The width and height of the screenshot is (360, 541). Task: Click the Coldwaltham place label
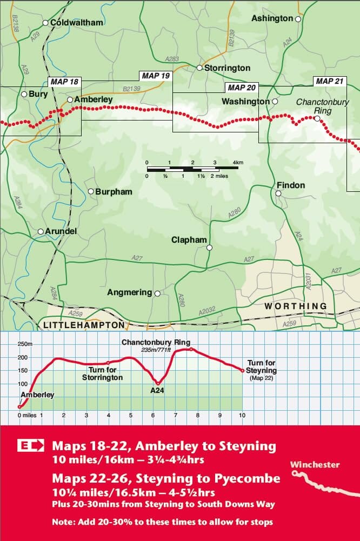[x=76, y=23]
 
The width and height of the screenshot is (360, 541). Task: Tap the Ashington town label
[x=272, y=18]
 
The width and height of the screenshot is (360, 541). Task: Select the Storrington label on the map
[x=227, y=68]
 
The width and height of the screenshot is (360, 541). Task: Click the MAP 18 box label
[x=64, y=82]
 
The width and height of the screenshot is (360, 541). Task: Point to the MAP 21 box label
[x=329, y=81]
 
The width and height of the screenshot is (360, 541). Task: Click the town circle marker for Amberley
[x=70, y=99]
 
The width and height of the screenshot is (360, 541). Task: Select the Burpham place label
[x=114, y=191]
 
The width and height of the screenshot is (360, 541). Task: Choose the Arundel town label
[x=61, y=231]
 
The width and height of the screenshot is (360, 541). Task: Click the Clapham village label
[x=189, y=240]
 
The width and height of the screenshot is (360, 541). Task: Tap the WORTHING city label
[x=295, y=306]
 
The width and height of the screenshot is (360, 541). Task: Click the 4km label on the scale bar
[x=238, y=162]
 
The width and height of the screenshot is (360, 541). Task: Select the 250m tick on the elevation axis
[x=25, y=344]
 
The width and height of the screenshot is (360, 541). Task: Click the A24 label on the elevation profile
[x=157, y=390]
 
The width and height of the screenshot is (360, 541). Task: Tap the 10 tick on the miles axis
[x=242, y=415]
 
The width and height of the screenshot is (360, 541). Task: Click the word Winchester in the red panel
[x=315, y=465]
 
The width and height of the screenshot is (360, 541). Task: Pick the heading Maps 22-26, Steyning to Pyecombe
[x=166, y=478]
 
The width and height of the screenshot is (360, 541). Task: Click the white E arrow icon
[x=31, y=446]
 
